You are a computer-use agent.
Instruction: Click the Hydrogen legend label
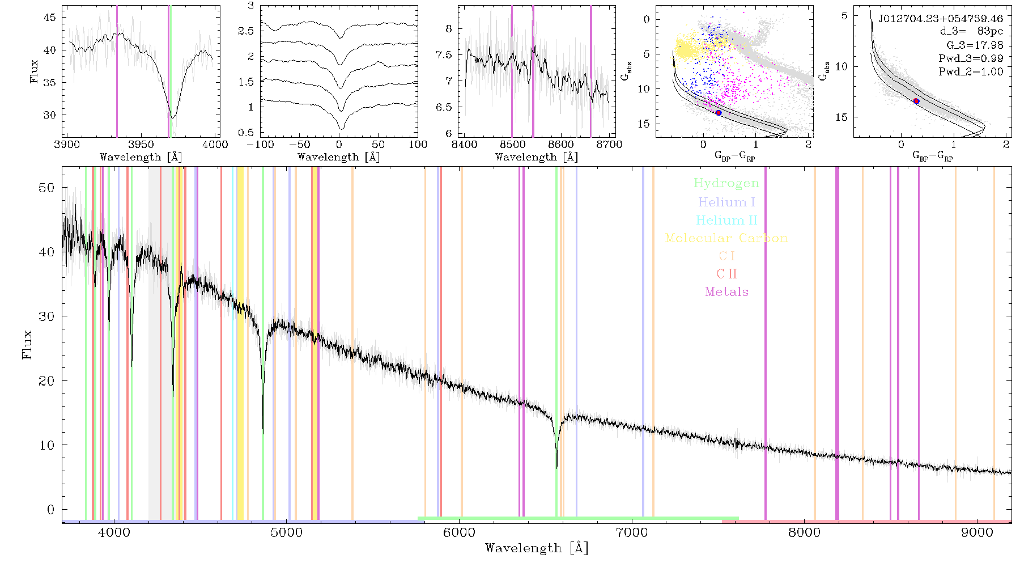(x=726, y=184)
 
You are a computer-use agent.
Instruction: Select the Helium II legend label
(x=726, y=220)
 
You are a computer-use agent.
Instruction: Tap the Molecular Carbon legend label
(x=726, y=238)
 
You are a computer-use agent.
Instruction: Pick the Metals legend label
(x=726, y=292)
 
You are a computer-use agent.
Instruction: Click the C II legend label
(x=726, y=274)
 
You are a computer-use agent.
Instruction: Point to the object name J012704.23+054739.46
(x=940, y=19)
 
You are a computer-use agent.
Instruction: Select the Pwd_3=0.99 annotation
(x=971, y=58)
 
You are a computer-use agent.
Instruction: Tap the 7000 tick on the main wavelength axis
(x=632, y=532)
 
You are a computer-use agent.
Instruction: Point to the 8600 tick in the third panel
(x=561, y=144)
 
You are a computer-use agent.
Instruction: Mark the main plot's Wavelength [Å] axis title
(x=537, y=548)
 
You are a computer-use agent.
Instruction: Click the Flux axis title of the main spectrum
(x=27, y=345)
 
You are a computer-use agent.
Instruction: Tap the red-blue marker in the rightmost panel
(x=916, y=101)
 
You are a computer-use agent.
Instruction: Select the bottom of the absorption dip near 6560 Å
(x=556, y=468)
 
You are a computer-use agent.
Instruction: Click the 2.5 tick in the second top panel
(x=246, y=31)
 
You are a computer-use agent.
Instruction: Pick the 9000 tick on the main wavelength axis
(x=977, y=532)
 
